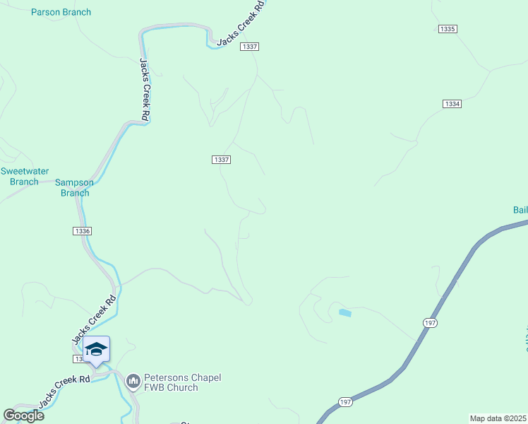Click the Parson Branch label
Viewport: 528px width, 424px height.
[61, 12]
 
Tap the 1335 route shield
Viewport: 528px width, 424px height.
[448, 29]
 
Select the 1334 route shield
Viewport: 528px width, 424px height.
[452, 104]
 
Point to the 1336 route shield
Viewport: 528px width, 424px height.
[82, 231]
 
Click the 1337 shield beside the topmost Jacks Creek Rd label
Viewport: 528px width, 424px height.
[249, 47]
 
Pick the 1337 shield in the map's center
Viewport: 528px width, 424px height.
[221, 160]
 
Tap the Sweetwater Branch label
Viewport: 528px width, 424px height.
[20, 177]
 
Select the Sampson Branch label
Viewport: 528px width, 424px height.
[75, 187]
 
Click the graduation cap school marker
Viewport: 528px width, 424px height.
[97, 349]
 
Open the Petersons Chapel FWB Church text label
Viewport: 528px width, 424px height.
[182, 382]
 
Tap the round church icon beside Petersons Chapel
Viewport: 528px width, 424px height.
[132, 382]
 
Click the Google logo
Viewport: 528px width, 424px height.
[23, 415]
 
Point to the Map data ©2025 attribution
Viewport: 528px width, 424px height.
[498, 418]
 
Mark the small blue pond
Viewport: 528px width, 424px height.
[344, 312]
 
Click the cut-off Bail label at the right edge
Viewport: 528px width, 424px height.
[520, 210]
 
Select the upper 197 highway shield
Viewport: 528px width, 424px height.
[430, 323]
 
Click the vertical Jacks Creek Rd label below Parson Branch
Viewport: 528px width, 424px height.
[144, 90]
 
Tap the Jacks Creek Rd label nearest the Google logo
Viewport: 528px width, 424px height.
[64, 391]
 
